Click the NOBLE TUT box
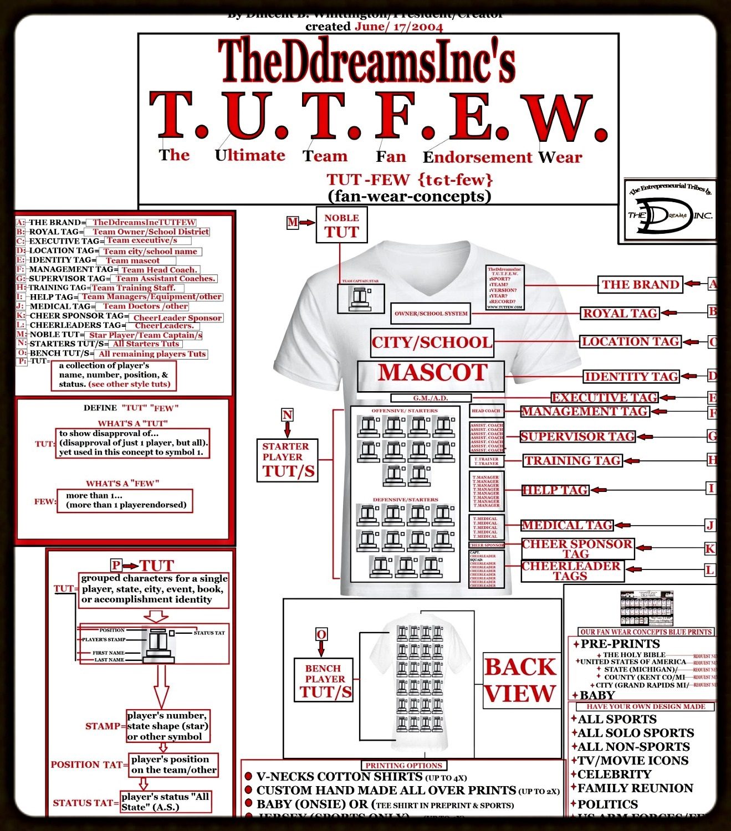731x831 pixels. (341, 225)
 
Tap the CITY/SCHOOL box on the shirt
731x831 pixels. (431, 342)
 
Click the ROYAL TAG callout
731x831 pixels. (620, 314)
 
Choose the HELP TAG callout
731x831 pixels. (555, 490)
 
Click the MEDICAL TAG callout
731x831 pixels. (566, 525)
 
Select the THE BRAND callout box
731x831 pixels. (640, 285)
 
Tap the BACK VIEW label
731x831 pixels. (520, 680)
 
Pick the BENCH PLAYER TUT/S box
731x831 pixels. (325, 680)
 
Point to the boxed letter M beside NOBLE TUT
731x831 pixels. (293, 223)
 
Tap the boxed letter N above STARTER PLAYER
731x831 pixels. (287, 415)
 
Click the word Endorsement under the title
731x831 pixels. (478, 157)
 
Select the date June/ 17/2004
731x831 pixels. (398, 27)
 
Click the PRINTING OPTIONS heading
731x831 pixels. (403, 765)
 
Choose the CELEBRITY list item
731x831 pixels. (614, 774)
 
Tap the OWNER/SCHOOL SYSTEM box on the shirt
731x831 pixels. (431, 314)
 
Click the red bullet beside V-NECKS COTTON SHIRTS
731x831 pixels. (249, 777)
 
